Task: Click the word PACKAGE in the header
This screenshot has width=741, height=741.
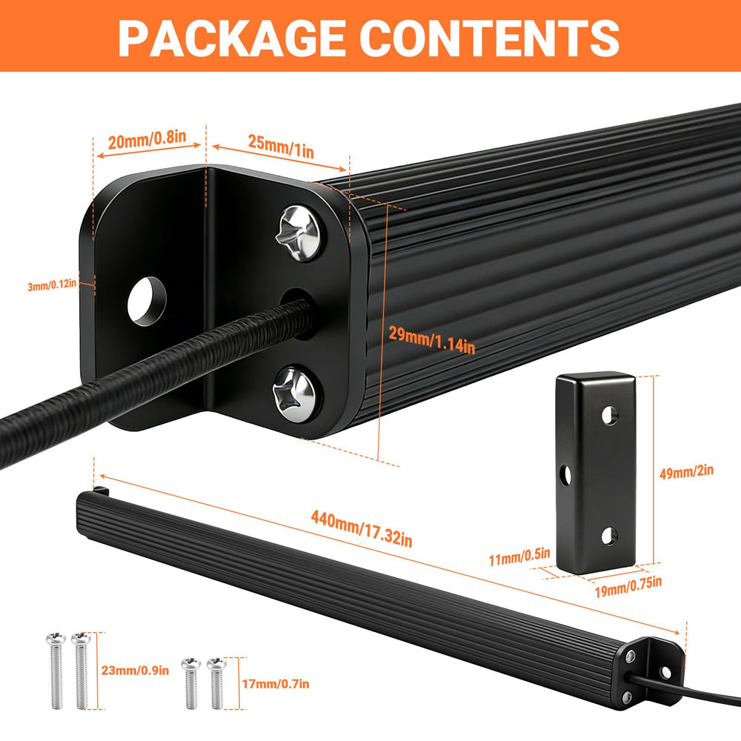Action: coord(231,38)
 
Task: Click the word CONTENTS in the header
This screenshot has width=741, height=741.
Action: coord(493,38)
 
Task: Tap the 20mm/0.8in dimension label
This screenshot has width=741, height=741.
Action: coord(147,139)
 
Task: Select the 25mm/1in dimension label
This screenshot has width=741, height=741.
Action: coord(281,147)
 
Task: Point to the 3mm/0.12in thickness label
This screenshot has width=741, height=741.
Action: coord(52,285)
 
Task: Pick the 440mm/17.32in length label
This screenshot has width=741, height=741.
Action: coord(362,529)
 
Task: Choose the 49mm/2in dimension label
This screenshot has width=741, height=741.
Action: coord(686,471)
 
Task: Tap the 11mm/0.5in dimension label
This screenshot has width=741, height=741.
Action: coord(519,556)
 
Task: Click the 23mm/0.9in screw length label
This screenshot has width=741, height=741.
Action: coord(135,670)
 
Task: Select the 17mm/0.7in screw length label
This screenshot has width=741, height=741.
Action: coord(276,683)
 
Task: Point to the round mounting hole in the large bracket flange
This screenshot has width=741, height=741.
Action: coord(147,302)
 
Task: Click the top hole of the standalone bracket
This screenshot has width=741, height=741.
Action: coord(610,415)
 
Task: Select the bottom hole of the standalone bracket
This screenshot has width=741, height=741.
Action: coord(609,536)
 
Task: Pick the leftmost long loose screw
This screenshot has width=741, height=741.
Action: coord(56,671)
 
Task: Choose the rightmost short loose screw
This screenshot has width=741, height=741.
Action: coord(216,683)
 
